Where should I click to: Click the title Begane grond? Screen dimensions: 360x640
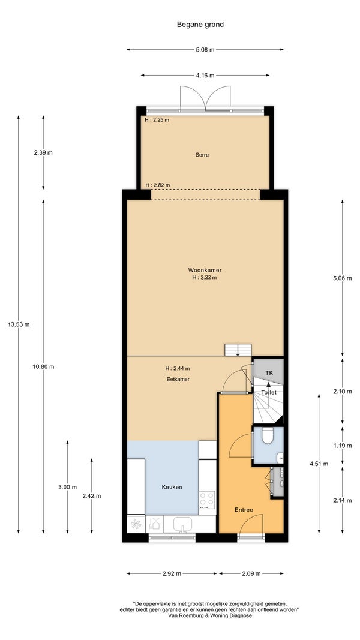coord(200,25)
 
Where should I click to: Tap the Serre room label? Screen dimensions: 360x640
coord(202,155)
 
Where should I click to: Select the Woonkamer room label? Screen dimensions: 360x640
coord(205,270)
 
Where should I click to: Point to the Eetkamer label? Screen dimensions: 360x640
coord(178,379)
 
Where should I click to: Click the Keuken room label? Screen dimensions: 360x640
coord(172,487)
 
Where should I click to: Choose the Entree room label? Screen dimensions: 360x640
coord(244,510)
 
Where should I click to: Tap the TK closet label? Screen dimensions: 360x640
coord(269,373)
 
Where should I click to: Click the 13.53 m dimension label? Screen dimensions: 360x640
coord(19,325)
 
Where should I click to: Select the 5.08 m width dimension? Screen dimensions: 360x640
coord(205,50)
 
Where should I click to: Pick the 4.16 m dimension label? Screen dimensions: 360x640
coord(205,76)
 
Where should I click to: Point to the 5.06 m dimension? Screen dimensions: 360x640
coord(342,278)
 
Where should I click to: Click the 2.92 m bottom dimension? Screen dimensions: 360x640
coord(172,573)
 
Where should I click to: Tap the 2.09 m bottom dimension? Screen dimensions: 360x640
coord(251,573)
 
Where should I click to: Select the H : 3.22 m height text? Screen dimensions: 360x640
coord(205,277)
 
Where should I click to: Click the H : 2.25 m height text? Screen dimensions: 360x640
coord(157,120)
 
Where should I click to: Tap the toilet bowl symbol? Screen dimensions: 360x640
coord(268,436)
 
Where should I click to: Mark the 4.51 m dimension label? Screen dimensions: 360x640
coord(319,464)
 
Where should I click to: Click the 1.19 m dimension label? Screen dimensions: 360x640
coord(342,446)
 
